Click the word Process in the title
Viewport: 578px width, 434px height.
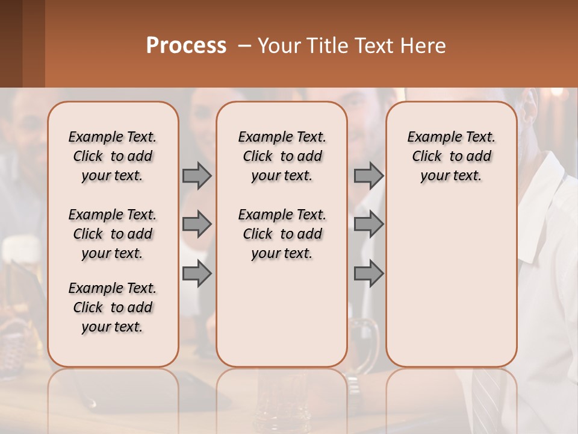coord(186,46)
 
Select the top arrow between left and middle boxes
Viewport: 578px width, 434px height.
coord(197,175)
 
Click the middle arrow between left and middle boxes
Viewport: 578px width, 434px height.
coord(197,224)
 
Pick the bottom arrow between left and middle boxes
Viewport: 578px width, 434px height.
coord(197,274)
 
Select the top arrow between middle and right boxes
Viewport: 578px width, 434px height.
coord(368,175)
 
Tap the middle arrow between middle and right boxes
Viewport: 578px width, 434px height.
coord(368,224)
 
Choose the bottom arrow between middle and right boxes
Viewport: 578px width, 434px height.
coord(368,274)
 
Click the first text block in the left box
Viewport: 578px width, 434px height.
coord(113,156)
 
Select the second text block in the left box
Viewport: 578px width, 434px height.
coord(113,234)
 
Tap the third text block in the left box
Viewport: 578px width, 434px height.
coord(113,307)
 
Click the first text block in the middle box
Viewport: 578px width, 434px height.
coord(282,156)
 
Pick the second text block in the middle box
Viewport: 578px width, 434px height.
coord(282,234)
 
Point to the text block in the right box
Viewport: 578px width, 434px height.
coord(451,156)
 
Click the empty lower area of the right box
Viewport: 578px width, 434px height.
coord(451,283)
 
